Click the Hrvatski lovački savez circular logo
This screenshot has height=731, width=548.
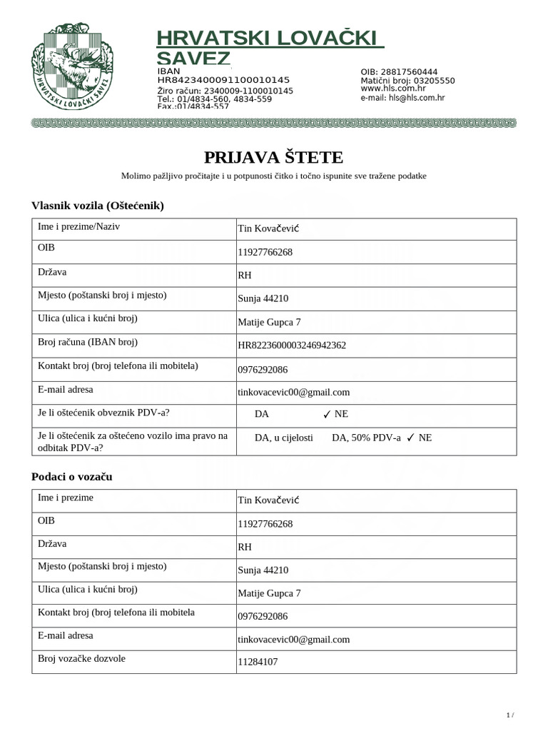69,69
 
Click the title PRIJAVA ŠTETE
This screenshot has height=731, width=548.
273,157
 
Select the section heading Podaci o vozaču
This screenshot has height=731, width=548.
72,476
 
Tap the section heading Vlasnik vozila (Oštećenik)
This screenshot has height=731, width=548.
98,206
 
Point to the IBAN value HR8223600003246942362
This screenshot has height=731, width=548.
292,346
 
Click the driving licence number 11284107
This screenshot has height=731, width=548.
258,662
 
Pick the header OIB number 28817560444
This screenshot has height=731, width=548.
399,72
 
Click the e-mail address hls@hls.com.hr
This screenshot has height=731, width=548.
402,99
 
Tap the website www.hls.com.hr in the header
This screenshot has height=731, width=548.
393,89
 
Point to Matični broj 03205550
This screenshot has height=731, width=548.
407,81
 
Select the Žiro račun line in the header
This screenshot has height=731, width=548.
225,91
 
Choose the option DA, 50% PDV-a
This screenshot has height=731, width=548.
366,438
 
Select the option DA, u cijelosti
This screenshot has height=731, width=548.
283,438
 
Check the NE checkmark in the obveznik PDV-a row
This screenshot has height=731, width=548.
327,414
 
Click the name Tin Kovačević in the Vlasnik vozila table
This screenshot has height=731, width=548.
268,228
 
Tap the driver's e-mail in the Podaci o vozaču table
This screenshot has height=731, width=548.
293,640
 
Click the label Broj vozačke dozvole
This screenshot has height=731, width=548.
81,658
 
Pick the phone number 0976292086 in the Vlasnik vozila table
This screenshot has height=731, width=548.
263,370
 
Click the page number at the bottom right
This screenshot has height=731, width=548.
509,715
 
